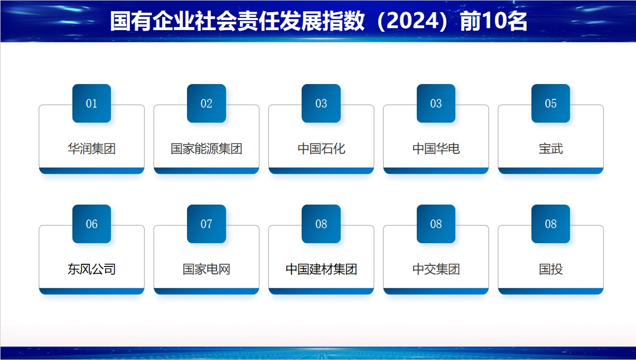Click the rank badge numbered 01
92,104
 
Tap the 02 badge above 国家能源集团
207,104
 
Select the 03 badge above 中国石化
321,104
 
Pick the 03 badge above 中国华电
436,104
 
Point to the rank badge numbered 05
551,104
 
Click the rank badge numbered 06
92,224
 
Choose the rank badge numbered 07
207,224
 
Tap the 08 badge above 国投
551,224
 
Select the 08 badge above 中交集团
436,224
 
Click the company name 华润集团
92,149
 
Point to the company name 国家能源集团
207,149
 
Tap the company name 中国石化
321,149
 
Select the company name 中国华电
436,149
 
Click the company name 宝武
551,149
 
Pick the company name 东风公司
92,269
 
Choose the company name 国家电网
207,269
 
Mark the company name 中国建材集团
321,269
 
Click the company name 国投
551,269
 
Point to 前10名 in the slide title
493,21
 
